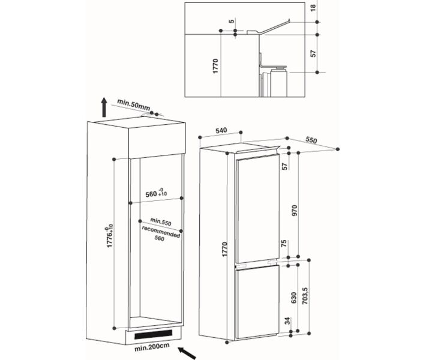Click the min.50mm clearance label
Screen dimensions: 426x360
tap(133, 104)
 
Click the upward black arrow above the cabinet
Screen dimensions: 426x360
tap(104, 107)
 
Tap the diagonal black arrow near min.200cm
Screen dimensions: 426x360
tap(187, 353)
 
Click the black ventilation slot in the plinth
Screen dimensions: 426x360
tap(153, 334)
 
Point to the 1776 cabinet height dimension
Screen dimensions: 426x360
tap(109, 236)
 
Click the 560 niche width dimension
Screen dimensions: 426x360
tap(156, 193)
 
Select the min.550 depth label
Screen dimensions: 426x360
tap(161, 222)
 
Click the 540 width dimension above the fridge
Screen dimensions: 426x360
tap(221, 130)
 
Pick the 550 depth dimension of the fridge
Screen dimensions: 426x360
tap(311, 140)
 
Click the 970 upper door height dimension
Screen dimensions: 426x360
tap(295, 211)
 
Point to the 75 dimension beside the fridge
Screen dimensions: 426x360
tap(284, 243)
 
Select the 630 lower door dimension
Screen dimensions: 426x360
tap(294, 298)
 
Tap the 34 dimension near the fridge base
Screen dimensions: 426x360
tap(288, 320)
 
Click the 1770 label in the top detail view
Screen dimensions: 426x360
tap(215, 66)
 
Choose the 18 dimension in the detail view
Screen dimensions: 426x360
tap(313, 8)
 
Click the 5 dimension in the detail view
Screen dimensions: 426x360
tap(232, 20)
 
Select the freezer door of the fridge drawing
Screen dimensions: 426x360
tap(257, 301)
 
